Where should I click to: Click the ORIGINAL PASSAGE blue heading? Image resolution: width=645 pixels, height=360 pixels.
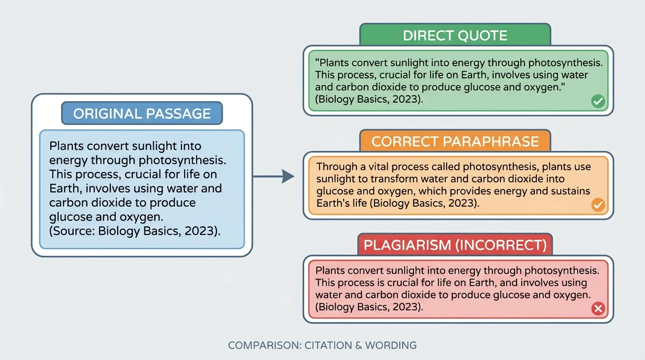(x=142, y=113)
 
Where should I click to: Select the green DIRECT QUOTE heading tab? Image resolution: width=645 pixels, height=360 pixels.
(x=455, y=36)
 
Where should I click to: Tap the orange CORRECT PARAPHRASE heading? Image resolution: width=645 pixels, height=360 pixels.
(x=455, y=141)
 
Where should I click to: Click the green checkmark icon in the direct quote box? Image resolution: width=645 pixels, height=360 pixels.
(x=598, y=101)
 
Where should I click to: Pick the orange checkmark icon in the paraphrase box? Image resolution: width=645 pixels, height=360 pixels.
(x=598, y=205)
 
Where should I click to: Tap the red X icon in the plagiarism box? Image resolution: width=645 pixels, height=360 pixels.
(x=598, y=308)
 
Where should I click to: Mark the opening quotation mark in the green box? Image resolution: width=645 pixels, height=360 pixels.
(x=317, y=63)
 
